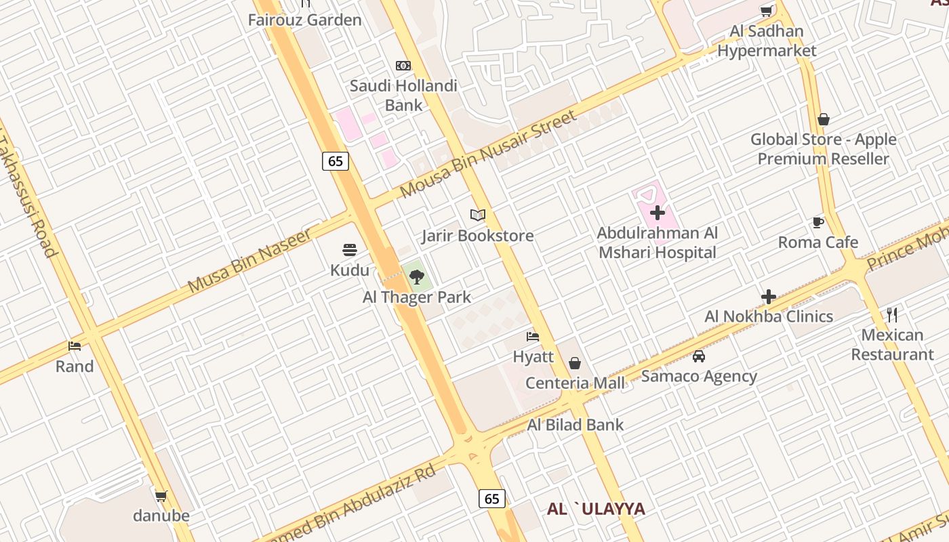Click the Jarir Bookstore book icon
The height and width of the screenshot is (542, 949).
(x=478, y=215)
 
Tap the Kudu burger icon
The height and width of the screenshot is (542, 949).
(x=350, y=250)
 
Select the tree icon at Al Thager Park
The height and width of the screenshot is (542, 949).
(x=417, y=276)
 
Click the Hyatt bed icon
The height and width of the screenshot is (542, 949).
(x=533, y=337)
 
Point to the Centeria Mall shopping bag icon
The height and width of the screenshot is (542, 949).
(x=575, y=363)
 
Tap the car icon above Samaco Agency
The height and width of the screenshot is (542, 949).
(x=698, y=356)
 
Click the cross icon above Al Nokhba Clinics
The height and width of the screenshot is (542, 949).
(x=768, y=297)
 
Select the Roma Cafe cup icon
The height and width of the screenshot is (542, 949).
(x=818, y=222)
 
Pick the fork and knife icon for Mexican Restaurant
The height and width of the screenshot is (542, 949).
(x=892, y=314)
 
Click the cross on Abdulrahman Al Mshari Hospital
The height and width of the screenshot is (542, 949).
(x=657, y=213)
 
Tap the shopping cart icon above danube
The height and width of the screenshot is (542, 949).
(x=161, y=496)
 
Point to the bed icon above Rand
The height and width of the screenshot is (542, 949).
(x=75, y=346)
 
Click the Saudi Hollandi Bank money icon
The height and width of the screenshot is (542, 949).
(x=403, y=66)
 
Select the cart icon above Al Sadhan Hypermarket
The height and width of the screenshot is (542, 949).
(x=766, y=11)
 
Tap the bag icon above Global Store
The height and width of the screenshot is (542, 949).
(x=824, y=119)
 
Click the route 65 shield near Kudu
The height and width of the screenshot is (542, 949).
(x=336, y=161)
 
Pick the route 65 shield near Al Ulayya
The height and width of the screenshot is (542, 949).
(x=492, y=499)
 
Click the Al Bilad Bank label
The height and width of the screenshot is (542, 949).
(x=576, y=425)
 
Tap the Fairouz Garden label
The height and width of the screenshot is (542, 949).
(x=304, y=20)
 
